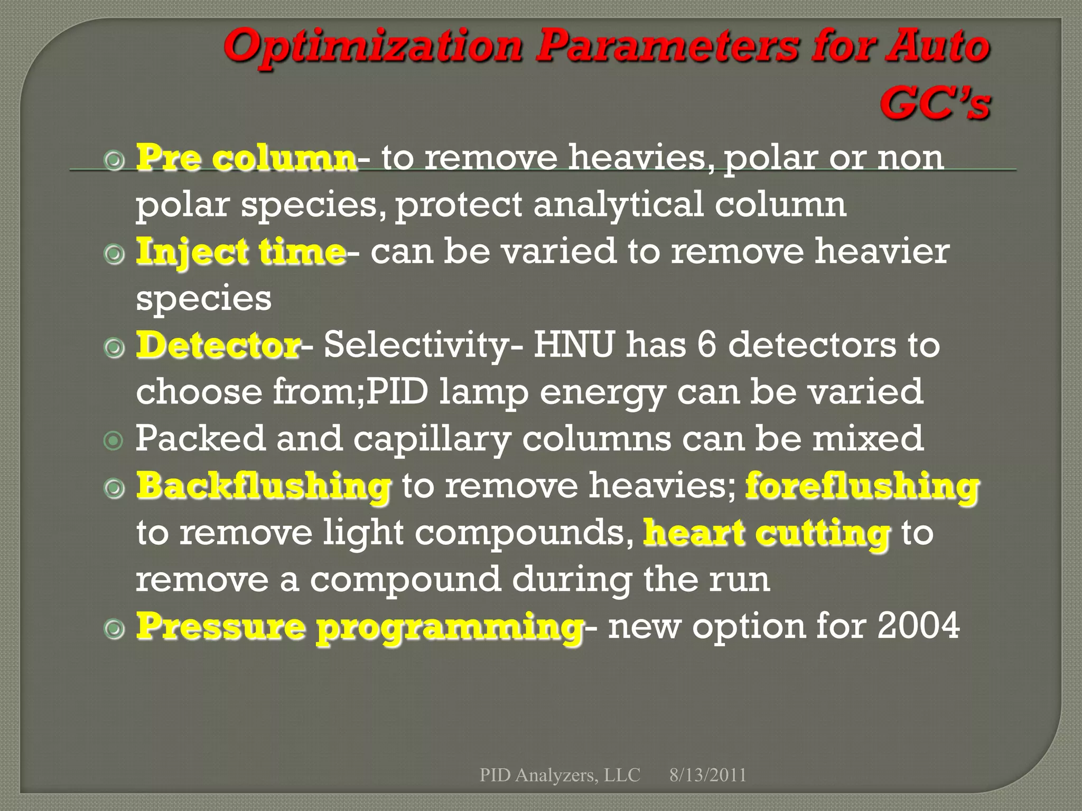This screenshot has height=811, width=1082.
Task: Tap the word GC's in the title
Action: pos(934,103)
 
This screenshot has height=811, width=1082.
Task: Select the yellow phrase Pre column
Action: pos(246,158)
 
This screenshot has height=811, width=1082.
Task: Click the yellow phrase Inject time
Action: pos(240,252)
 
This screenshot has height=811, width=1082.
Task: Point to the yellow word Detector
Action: pos(218,346)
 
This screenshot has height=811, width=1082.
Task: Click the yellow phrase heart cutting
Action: pos(767,533)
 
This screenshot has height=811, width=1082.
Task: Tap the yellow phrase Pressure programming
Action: pos(359,627)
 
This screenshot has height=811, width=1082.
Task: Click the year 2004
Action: pos(918,627)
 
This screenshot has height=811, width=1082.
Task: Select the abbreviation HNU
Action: pos(574,346)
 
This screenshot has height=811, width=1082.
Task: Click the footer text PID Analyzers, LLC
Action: pos(559,775)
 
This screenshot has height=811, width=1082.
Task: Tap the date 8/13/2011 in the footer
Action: pos(707,775)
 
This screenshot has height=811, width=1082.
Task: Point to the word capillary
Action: pos(432,440)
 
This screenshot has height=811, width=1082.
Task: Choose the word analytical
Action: pos(618,205)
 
